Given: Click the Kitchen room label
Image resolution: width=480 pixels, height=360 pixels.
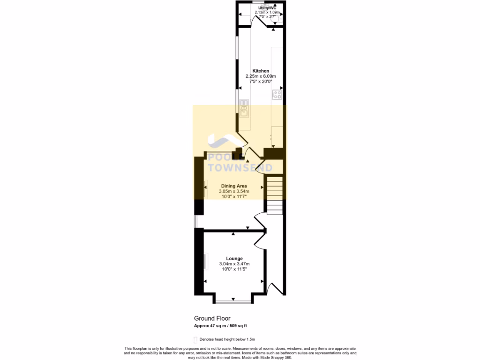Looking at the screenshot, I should (261, 71).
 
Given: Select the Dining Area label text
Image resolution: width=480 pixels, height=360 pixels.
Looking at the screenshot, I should (234, 186).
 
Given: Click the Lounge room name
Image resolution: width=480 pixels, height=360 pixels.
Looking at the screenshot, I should (234, 258).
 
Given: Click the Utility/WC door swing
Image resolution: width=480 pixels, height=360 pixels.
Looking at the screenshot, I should (256, 21).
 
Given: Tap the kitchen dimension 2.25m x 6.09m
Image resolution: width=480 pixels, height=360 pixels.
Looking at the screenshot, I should (261, 76).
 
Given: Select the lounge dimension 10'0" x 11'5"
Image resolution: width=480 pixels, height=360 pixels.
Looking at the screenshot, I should (234, 270).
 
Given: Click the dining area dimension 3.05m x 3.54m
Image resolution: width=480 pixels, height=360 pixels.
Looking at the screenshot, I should (234, 191).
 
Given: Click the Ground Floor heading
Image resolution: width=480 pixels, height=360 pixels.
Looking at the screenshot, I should (212, 318).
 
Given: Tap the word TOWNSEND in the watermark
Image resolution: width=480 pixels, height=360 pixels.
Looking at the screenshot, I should (240, 167).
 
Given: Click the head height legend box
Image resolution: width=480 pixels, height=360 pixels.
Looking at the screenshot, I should (195, 339).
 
